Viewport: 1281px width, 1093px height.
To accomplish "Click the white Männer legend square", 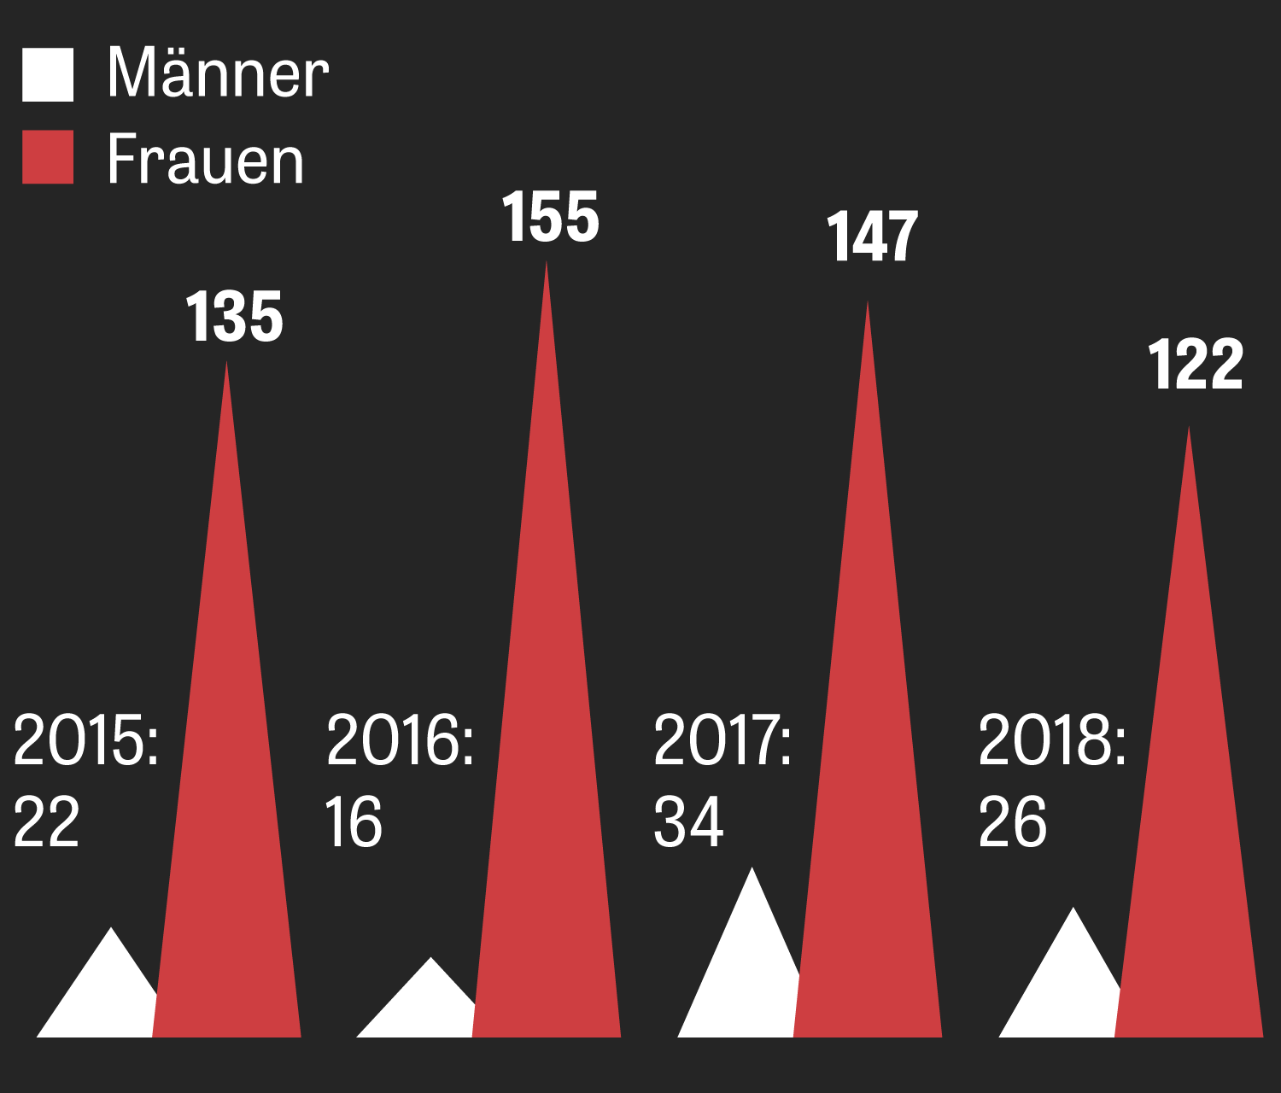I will point(48,75).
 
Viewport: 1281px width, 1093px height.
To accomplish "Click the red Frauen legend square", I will point(48,157).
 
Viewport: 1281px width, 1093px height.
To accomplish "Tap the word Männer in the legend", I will point(218,73).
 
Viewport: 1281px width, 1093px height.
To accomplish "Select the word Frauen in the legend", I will point(206,160).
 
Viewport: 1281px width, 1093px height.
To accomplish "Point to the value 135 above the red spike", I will point(234,318).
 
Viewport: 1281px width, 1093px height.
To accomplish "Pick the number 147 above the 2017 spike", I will point(872,237).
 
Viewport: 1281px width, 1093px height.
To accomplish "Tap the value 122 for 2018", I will point(1195,365).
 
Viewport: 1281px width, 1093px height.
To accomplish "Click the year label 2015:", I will point(86,740).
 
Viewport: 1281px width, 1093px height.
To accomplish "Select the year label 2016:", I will point(400,740).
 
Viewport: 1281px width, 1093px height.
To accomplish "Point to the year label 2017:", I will point(722,740).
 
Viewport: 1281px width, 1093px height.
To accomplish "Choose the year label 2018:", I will point(1052,740).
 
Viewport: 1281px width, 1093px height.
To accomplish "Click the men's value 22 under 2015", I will point(47,821).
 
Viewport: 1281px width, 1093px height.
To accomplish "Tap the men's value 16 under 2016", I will point(354,821).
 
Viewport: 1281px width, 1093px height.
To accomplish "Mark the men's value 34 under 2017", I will point(688,821).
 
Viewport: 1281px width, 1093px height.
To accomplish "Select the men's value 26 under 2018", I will point(1013,821).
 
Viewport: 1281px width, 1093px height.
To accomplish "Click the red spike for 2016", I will point(547,769).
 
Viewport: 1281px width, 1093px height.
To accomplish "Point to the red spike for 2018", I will point(1189,811).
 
